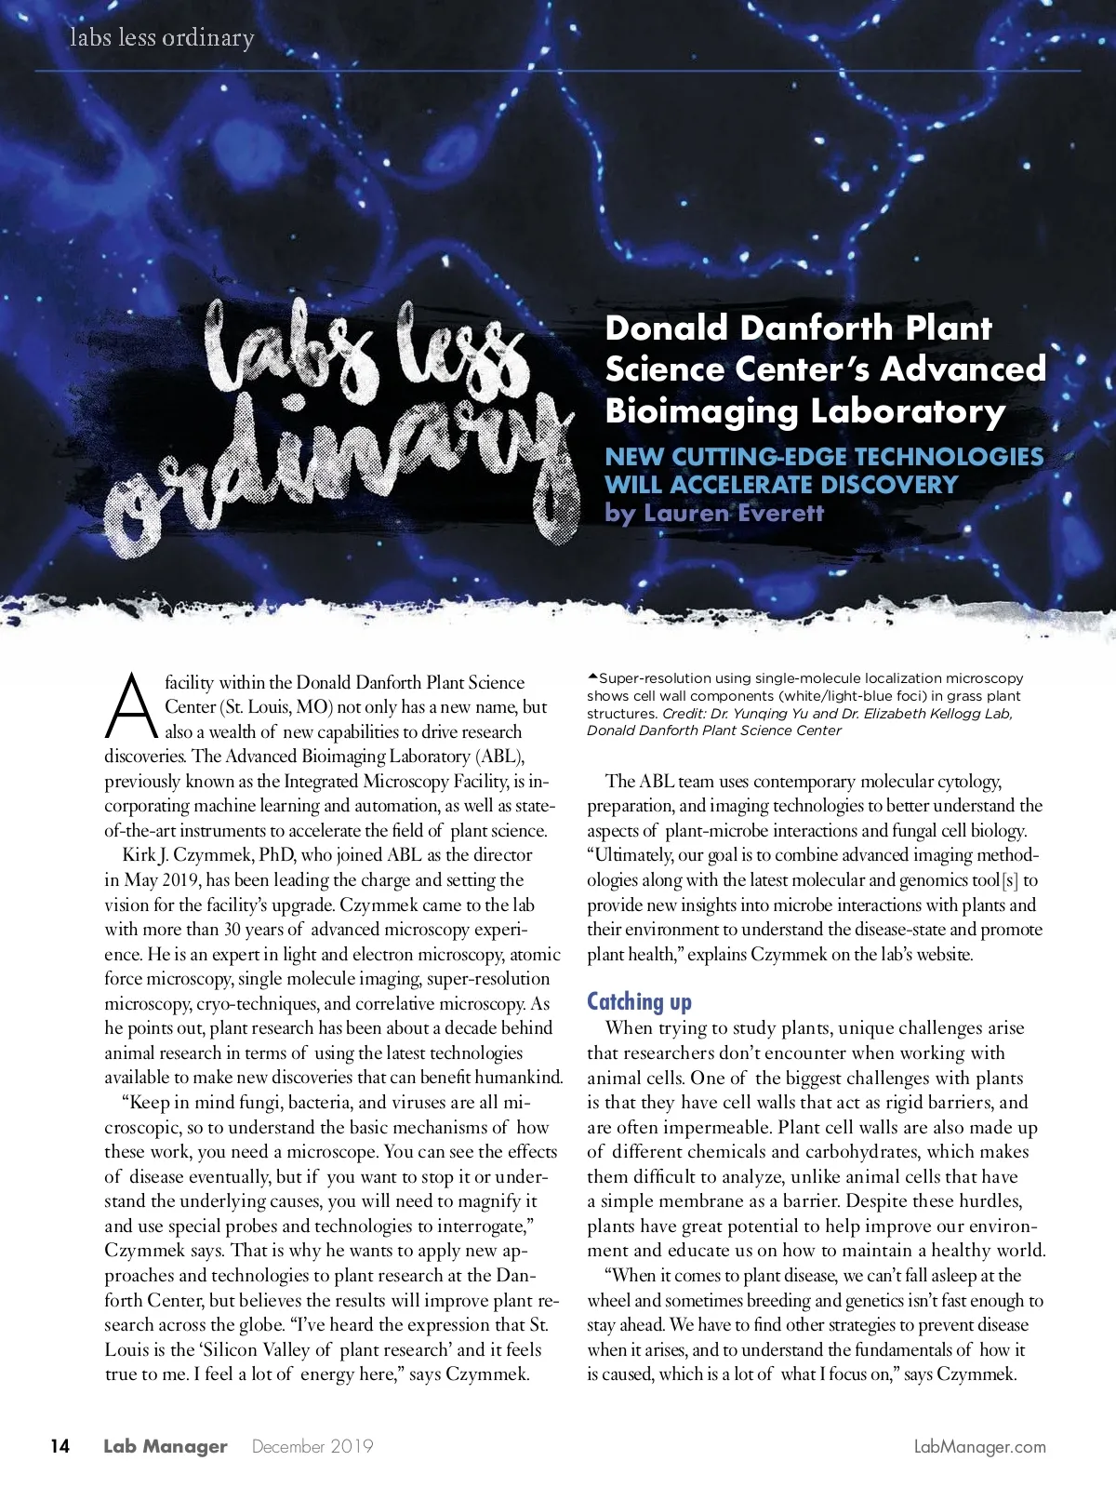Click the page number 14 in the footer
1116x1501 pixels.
click(x=60, y=1446)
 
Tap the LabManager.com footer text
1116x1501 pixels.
click(x=980, y=1447)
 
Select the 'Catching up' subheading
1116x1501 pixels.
click(x=639, y=1001)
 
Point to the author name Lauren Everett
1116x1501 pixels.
click(x=734, y=513)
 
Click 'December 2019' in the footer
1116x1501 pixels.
click(x=312, y=1446)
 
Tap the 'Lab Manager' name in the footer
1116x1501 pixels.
click(x=166, y=1446)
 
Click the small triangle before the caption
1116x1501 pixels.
click(x=592, y=677)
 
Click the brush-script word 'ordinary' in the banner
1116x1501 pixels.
click(x=335, y=475)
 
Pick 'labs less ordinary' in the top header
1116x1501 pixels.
click(x=162, y=38)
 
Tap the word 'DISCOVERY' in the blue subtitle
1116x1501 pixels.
click(x=877, y=485)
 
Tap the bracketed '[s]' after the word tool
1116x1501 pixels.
click(x=1009, y=879)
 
